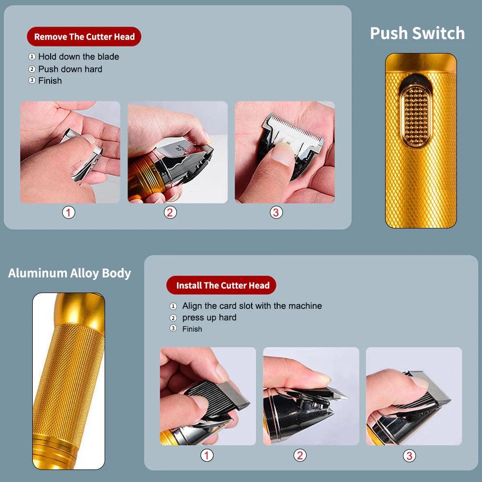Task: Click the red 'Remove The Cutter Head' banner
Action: [84, 37]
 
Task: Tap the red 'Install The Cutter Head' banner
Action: [221, 285]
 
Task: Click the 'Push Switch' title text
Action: [417, 33]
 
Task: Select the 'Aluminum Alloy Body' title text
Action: [69, 273]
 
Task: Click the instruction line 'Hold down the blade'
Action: [78, 56]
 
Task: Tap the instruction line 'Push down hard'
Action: [70, 69]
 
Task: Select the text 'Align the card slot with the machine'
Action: [252, 306]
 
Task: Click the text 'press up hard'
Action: [209, 318]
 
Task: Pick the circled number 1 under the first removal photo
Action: [69, 212]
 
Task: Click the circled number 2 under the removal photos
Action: [170, 212]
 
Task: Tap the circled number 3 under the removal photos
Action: [276, 212]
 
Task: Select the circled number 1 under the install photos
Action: [207, 455]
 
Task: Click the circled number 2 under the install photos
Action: [300, 455]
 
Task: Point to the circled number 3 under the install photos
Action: [409, 455]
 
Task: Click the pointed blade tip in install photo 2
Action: [344, 396]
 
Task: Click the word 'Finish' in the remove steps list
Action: [50, 80]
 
